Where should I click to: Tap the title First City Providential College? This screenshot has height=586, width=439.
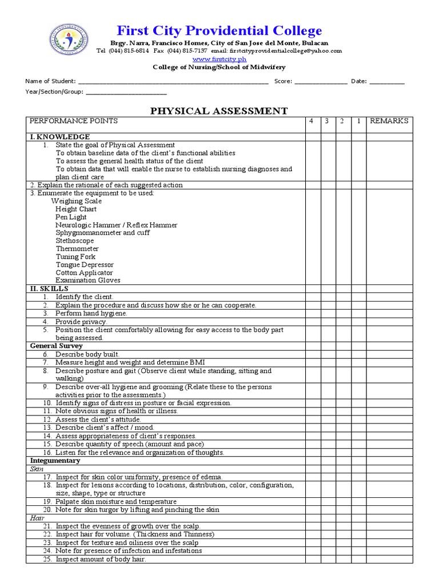pos(219,31)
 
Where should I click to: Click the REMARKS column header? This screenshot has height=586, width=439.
pos(389,121)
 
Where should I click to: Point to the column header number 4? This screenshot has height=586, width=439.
pos(312,121)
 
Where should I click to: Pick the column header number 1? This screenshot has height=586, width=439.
pos(358,121)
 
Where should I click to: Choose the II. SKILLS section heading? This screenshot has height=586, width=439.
pos(49,289)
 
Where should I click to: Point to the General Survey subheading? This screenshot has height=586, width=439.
pos(56,346)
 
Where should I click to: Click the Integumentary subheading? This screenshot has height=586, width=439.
pos(55,461)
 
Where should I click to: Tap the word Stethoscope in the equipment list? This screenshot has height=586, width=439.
pos(75,241)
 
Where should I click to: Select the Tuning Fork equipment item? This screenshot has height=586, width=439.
pos(75,257)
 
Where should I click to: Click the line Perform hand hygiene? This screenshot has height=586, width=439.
pos(91,314)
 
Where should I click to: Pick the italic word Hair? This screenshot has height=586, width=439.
pos(37,518)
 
